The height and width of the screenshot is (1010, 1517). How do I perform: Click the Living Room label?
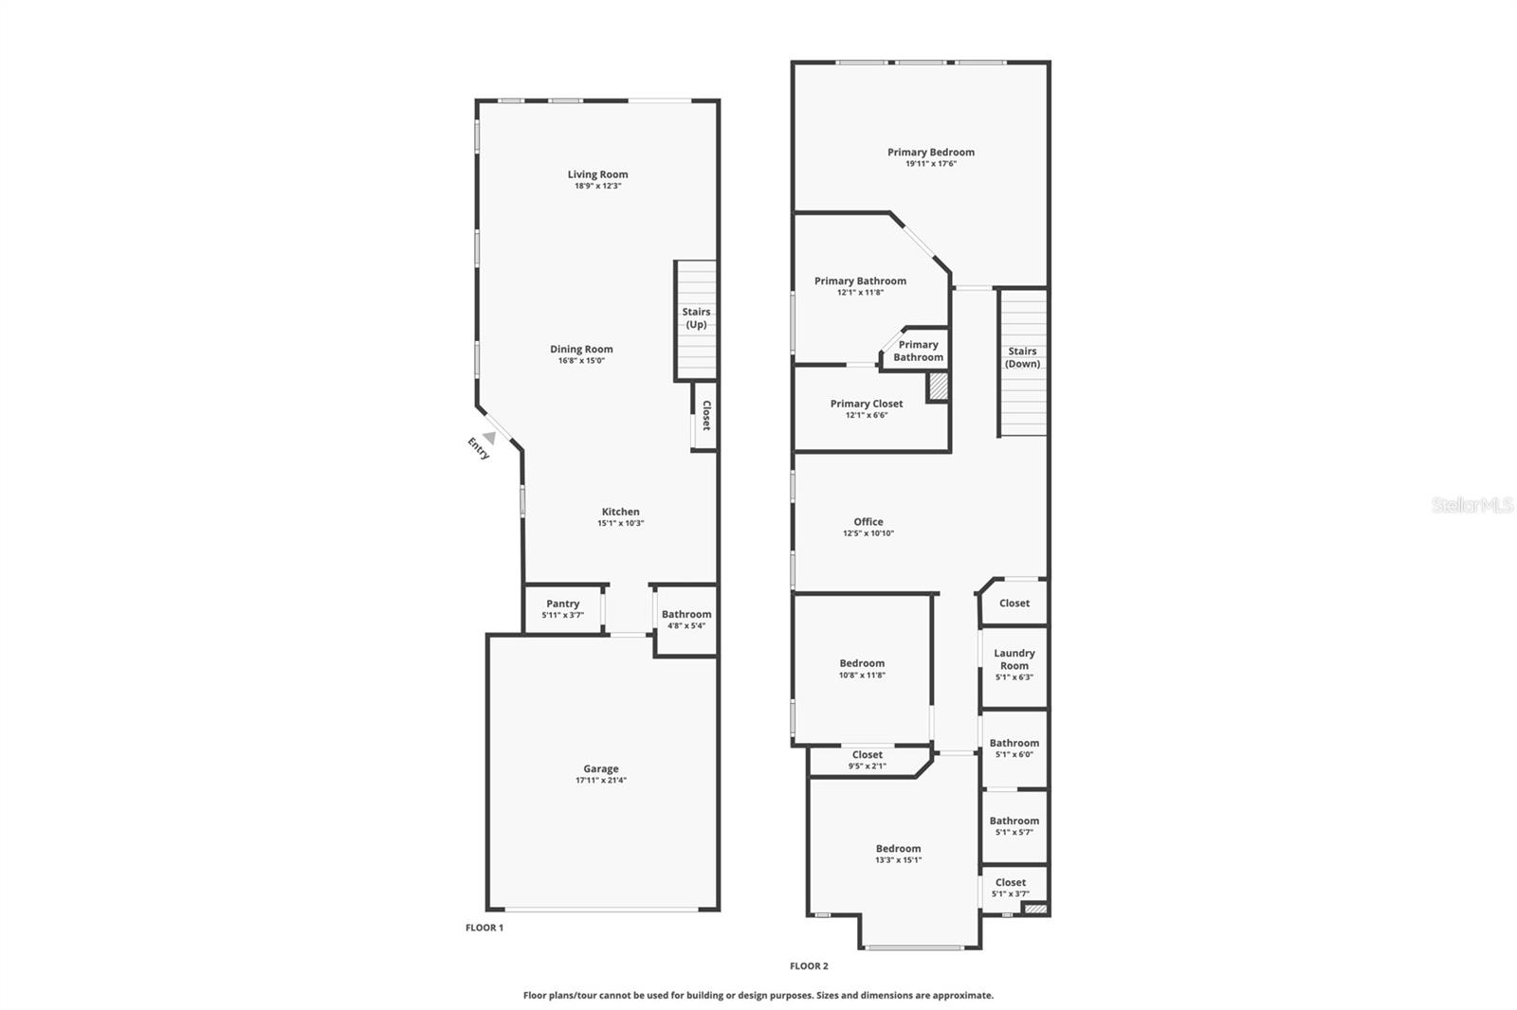(597, 174)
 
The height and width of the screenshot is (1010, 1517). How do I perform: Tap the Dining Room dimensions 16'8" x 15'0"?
(581, 361)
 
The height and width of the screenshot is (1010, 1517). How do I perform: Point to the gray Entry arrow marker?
(489, 438)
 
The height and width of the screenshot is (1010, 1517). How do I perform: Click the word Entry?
(478, 448)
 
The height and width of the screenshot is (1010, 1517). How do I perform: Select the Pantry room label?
(563, 604)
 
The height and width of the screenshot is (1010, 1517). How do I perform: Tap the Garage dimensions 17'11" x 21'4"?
(601, 781)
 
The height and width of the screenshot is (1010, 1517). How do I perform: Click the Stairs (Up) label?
(696, 318)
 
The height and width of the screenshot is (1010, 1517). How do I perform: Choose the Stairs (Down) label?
(1022, 357)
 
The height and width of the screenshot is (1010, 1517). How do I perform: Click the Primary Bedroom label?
(931, 153)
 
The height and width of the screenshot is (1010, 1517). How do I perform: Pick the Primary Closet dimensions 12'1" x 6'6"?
(867, 416)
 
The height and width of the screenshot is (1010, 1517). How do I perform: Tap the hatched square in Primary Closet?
(938, 388)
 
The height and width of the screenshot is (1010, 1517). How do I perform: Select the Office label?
(868, 522)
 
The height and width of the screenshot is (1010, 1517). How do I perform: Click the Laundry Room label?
(1014, 659)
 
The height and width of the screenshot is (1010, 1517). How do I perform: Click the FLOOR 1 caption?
(484, 929)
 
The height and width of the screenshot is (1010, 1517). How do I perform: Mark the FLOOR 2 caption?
(809, 966)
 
